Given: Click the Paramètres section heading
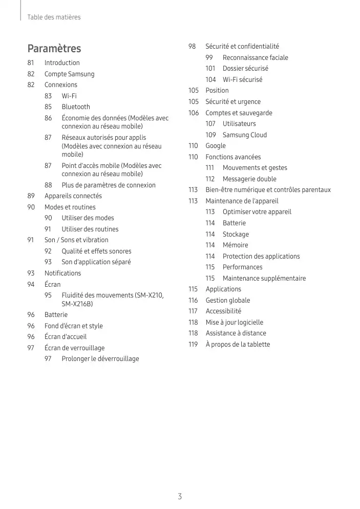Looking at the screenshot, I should coord(54,49).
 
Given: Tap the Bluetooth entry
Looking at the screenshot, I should coord(76,107).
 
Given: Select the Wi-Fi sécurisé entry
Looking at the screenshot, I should coord(242,79).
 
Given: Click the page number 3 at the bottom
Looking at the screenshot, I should coord(180,496).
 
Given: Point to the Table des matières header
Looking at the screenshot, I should coord(54,17).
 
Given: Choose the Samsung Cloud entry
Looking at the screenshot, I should coord(244,135).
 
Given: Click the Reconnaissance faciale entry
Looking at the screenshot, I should coord(255,57).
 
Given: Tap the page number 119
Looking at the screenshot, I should coord(193,344).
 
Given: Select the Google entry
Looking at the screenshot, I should coord(216,146).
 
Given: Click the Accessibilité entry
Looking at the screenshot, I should coord(223,311).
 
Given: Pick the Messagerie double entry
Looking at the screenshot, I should coord(249,179).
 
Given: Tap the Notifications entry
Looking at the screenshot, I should coord(62,273).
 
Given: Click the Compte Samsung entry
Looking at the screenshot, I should coord(69,74).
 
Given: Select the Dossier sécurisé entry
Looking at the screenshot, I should coord(245,69).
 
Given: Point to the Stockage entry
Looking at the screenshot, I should coord(236,234).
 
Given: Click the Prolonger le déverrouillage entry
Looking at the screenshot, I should coord(100,359).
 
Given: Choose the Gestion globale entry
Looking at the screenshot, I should coord(228,300).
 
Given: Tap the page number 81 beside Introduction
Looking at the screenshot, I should coord(31,63).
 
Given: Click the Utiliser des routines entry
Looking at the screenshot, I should coord(90,229).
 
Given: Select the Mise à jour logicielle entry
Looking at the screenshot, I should coord(234,322).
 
